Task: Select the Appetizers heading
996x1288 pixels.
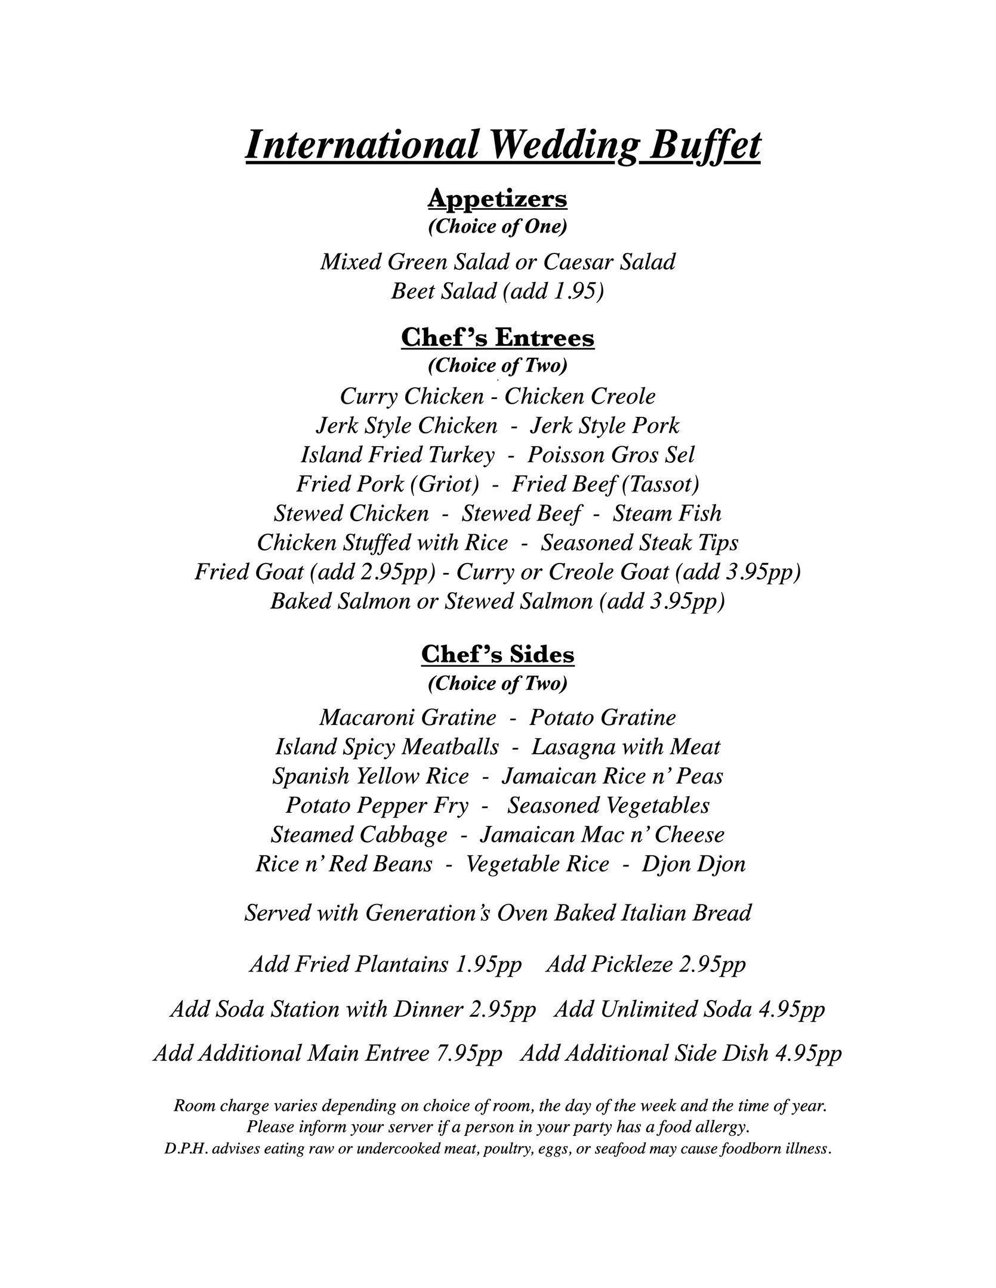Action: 497,198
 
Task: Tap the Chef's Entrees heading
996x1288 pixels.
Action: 498,338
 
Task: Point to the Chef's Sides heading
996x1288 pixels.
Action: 498,654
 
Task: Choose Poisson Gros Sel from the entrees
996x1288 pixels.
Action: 611,455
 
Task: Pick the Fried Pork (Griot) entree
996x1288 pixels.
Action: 387,484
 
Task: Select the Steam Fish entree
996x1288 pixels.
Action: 667,513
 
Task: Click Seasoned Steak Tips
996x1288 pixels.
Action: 640,543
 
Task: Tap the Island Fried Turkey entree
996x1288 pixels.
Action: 397,455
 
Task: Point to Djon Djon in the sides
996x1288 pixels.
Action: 693,864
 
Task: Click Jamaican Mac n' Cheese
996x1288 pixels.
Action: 602,835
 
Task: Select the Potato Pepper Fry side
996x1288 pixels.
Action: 377,806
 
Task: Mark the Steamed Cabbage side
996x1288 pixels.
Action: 359,835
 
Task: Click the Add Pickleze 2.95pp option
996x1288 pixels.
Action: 646,964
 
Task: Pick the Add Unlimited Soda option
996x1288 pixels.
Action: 689,1009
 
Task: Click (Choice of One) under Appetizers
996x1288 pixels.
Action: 497,227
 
